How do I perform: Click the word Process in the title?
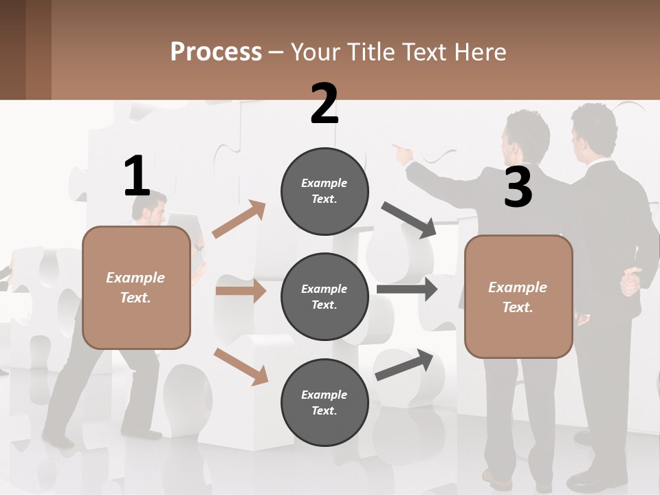(x=216, y=52)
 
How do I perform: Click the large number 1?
(x=137, y=176)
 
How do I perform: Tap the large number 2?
(x=324, y=104)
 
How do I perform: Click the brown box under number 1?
(x=136, y=287)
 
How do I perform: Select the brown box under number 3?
(x=518, y=296)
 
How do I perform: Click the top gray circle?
(x=324, y=190)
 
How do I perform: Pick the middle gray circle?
(x=324, y=296)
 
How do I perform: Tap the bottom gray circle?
(x=324, y=402)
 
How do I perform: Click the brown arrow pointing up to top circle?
(x=239, y=219)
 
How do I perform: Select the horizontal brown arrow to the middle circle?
(x=241, y=291)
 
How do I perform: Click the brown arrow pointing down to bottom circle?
(x=241, y=366)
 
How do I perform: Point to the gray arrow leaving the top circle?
(x=409, y=220)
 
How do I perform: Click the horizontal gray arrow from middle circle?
(x=407, y=289)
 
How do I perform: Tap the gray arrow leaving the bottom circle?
(x=405, y=365)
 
